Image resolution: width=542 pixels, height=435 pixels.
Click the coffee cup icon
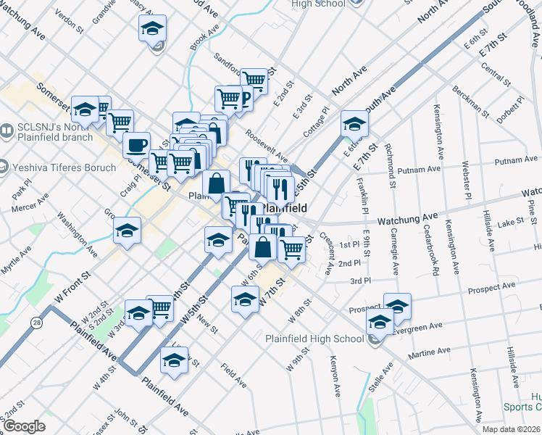tap(136, 145)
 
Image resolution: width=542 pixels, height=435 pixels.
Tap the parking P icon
tap(243, 99)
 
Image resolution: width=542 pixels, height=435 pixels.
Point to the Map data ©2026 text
tap(511, 429)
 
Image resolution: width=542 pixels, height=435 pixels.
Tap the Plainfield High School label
tap(314, 339)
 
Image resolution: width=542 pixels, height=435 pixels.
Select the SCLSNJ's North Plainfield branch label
tap(57, 131)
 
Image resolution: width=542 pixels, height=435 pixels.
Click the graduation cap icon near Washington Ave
tap(127, 232)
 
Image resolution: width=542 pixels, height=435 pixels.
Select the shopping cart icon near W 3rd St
tap(160, 308)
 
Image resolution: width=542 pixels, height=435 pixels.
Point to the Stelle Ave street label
tap(382, 377)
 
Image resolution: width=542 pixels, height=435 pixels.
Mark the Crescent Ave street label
tap(327, 254)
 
